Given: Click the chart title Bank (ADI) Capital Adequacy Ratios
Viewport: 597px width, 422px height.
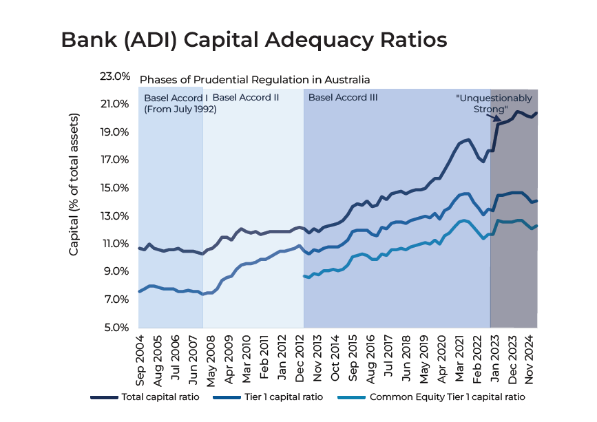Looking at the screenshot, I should tap(254, 39).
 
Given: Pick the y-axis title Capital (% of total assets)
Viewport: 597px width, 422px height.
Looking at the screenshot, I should tap(74, 185).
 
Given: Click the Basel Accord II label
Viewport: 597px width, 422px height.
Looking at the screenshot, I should tap(246, 98).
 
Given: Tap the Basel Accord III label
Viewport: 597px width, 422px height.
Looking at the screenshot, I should tap(343, 98).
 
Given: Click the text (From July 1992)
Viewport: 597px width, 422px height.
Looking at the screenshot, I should tap(180, 109).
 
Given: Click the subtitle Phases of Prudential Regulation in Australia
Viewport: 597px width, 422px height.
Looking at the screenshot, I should tap(255, 79).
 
